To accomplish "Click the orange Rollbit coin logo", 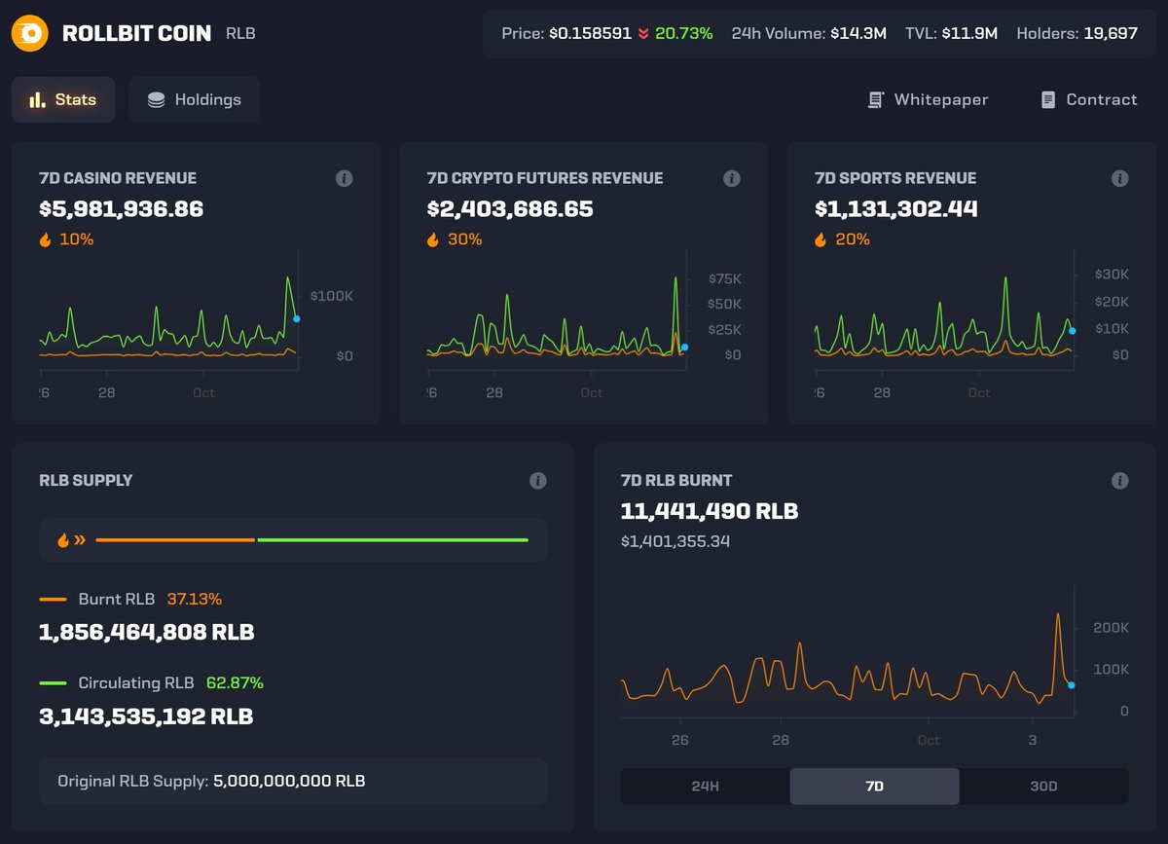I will click(30, 34).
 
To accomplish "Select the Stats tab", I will click(63, 99).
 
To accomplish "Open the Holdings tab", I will click(194, 99).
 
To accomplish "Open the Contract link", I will click(1088, 99).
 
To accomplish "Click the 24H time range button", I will click(705, 786).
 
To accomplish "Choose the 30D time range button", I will click(1043, 786).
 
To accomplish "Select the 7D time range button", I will click(874, 786).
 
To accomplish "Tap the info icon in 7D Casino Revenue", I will click(344, 178).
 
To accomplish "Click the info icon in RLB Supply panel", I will click(537, 481).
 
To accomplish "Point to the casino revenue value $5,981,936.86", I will click(122, 208).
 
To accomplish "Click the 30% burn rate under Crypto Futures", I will click(464, 239).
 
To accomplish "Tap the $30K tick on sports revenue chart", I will click(1112, 275).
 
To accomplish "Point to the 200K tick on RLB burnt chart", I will click(1111, 628).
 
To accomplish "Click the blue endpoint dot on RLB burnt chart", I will click(1071, 685).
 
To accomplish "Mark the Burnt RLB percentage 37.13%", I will click(194, 600).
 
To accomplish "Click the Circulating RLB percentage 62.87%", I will click(235, 683).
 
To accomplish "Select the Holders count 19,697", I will click(1111, 33).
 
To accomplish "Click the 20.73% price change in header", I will click(683, 33).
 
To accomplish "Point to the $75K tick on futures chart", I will click(724, 278).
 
